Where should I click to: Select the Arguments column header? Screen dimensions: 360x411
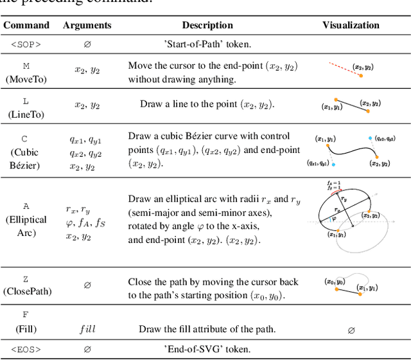click(x=87, y=25)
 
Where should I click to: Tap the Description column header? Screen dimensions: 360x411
click(x=207, y=25)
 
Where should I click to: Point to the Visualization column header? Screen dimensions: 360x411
click(x=351, y=25)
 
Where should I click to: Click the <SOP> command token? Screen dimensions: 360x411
click(x=26, y=44)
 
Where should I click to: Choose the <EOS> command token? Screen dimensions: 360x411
click(x=26, y=350)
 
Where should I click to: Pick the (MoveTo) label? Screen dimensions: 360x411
click(x=26, y=78)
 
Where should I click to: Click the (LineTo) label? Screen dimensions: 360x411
click(x=26, y=114)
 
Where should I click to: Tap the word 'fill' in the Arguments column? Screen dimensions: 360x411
click(x=87, y=328)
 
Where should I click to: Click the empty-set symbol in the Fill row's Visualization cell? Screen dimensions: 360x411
click(x=351, y=330)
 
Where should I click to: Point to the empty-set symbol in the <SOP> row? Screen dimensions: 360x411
click(x=87, y=44)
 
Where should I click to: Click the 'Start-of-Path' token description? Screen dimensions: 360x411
click(x=207, y=44)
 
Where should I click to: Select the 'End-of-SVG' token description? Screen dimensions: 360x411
click(x=207, y=350)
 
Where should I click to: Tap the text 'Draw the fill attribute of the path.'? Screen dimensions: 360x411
click(x=202, y=329)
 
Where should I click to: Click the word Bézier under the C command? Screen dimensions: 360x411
click(x=26, y=165)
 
